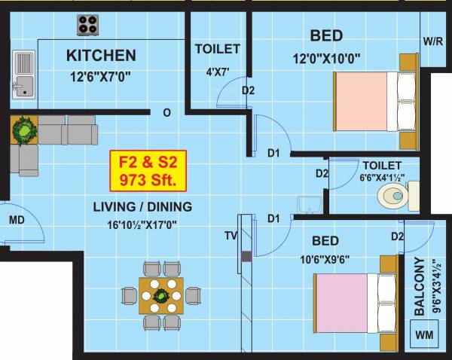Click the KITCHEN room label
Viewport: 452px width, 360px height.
101,55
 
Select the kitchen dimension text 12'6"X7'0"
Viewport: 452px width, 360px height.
101,76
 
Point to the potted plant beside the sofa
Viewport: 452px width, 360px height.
25,131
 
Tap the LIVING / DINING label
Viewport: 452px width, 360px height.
142,206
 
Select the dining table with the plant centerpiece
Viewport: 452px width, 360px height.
160,295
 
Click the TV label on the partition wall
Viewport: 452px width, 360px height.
231,235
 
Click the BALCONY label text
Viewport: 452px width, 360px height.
419,286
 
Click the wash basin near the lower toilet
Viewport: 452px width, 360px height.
309,204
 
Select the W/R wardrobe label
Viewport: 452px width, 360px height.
432,41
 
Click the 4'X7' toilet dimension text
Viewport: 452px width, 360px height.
217,72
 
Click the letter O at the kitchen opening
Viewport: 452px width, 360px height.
166,112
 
